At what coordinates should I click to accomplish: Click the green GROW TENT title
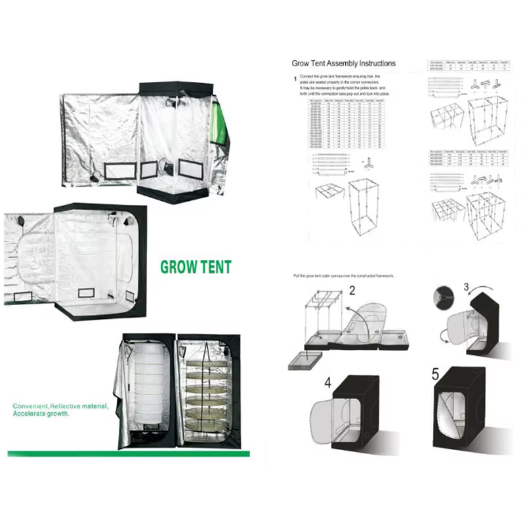(x=196, y=268)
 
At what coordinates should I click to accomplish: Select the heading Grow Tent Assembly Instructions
(x=343, y=64)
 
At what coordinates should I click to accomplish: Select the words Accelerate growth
(x=41, y=415)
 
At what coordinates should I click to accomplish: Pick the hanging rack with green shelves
(x=202, y=392)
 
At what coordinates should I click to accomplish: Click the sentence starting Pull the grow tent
(x=344, y=276)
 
